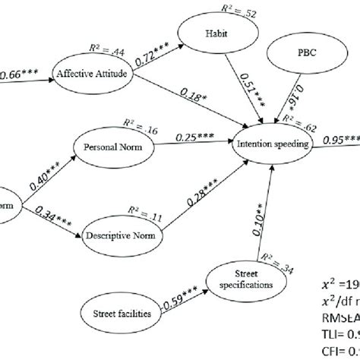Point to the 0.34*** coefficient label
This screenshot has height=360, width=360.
[x=52, y=219]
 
